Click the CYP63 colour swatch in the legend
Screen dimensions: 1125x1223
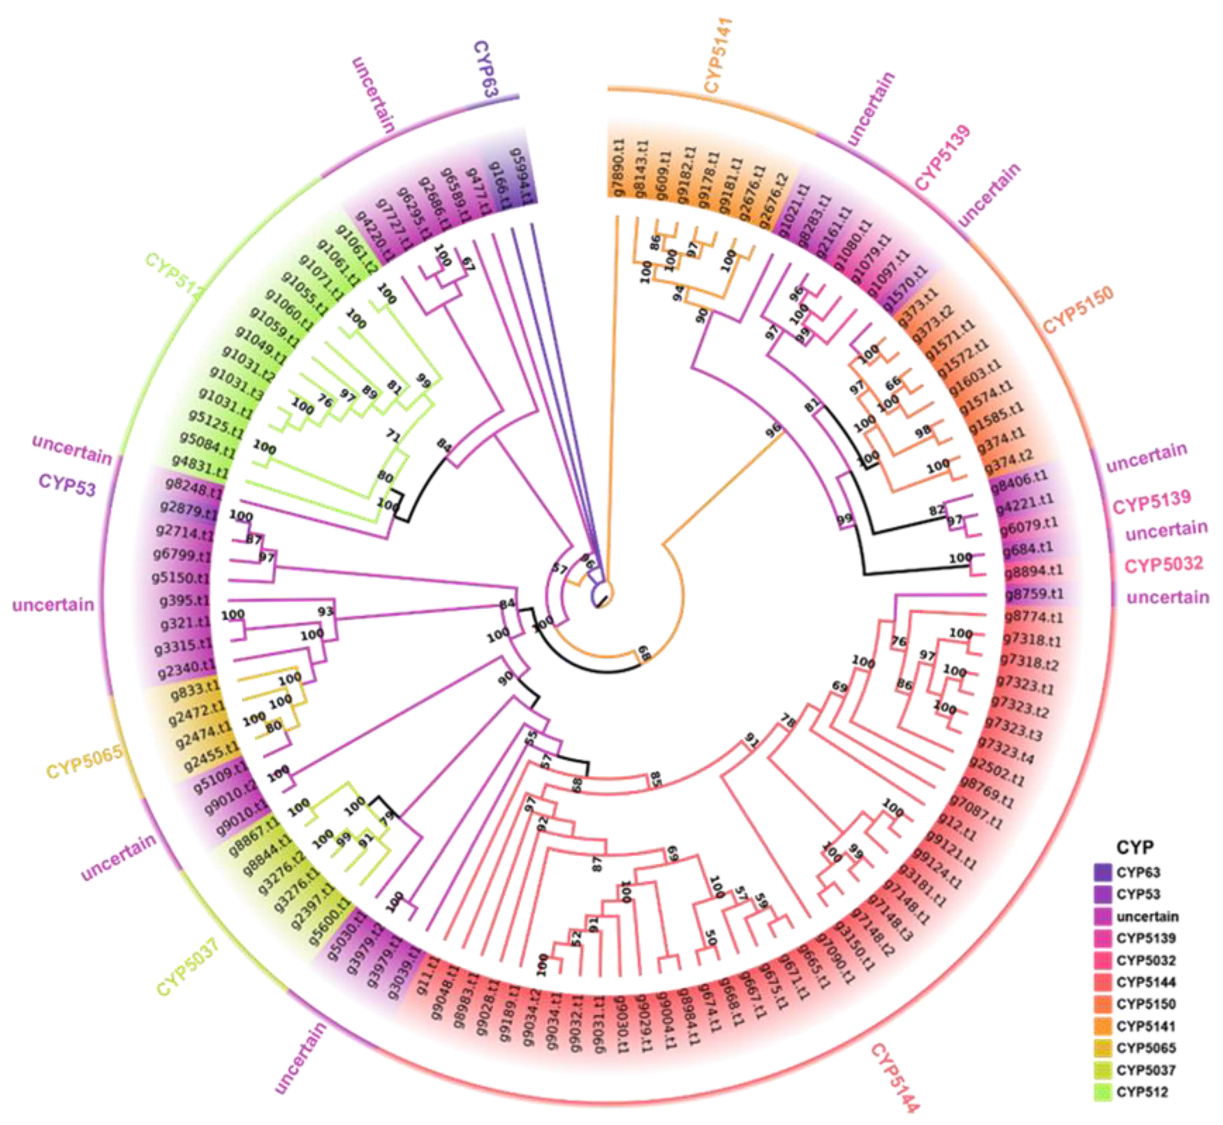point(1102,872)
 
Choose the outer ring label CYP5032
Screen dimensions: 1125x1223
point(1163,564)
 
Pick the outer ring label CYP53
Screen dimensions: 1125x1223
point(67,485)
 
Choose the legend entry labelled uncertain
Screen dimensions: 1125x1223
point(1147,916)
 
